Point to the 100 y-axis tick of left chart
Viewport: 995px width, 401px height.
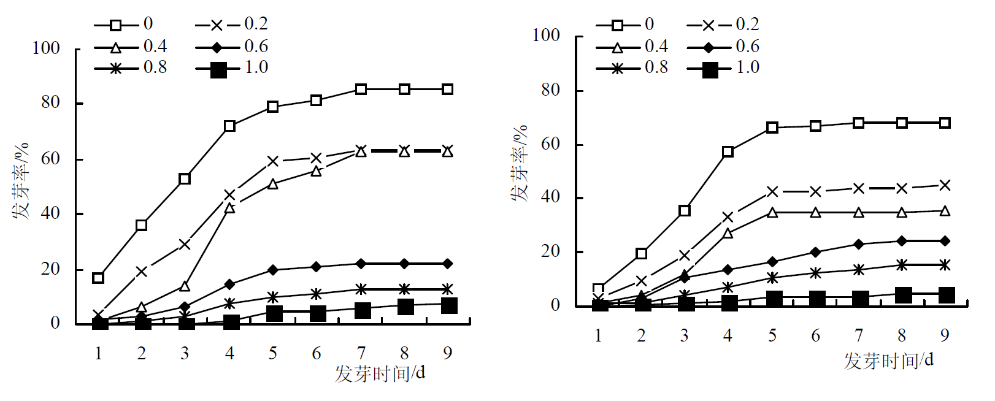click(x=46, y=48)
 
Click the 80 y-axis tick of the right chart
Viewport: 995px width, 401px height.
click(x=550, y=90)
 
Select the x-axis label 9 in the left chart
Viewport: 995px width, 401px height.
click(x=448, y=353)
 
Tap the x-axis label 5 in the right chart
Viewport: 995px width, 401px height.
click(x=772, y=335)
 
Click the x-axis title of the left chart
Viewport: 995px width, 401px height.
click(x=380, y=373)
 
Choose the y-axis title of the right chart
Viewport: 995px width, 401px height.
click(x=520, y=163)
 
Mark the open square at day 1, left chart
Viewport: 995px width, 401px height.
click(x=98, y=278)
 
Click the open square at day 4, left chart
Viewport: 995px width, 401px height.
click(x=229, y=126)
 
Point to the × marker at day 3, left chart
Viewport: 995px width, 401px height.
click(x=185, y=245)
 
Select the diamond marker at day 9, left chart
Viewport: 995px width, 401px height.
click(x=448, y=264)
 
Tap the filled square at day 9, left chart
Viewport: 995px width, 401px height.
click(x=448, y=305)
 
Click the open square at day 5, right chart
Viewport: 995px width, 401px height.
click(x=772, y=128)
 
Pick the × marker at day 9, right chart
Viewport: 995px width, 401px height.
click(x=945, y=185)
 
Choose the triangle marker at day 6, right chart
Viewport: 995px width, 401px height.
click(x=815, y=213)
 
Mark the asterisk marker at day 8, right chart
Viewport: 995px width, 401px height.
click(x=901, y=265)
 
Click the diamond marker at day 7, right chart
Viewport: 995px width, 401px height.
click(x=858, y=244)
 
